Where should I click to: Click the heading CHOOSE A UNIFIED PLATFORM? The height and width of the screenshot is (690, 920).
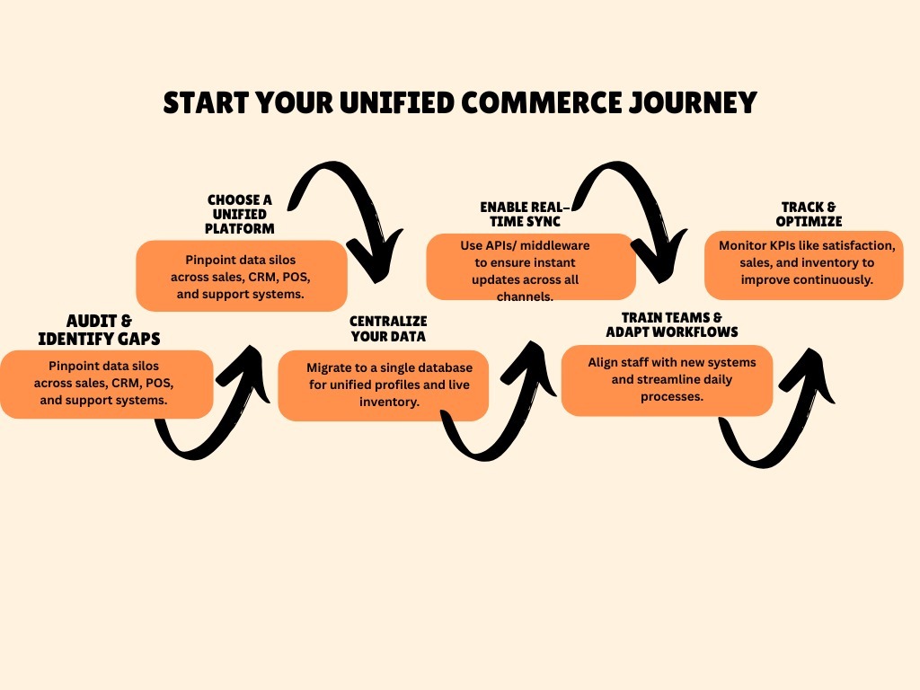[240, 215]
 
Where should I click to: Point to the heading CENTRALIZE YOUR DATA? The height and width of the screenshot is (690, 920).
[387, 329]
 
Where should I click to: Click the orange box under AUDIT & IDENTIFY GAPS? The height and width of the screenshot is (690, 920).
[107, 384]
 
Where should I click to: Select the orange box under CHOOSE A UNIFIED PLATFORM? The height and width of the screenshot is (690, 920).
[242, 275]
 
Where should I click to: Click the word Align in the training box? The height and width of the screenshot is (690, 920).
[605, 362]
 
